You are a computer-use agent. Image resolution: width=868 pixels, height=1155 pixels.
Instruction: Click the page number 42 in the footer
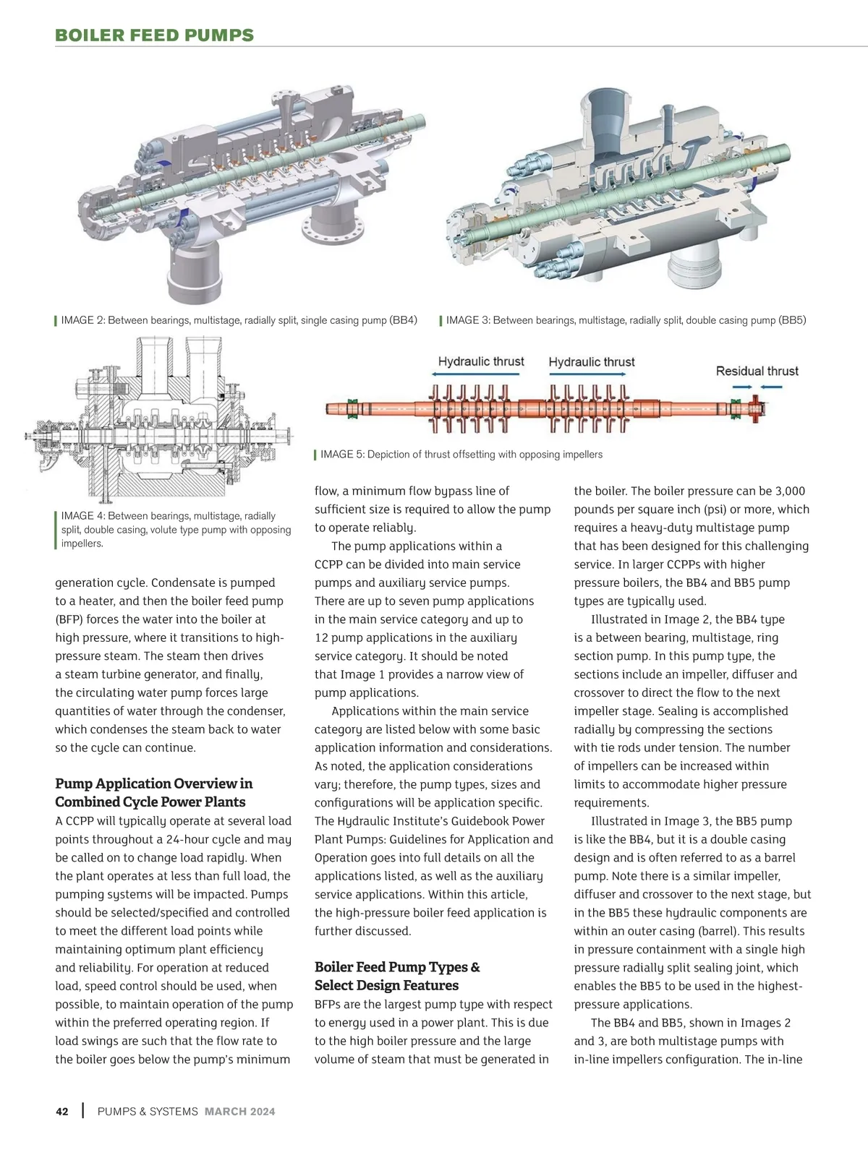pos(62,1112)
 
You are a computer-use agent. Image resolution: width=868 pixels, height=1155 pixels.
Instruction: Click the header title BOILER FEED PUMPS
pos(155,35)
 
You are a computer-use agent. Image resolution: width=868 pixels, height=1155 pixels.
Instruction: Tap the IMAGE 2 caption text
pos(239,320)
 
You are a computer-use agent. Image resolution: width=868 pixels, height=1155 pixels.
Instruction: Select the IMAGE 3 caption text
pos(626,320)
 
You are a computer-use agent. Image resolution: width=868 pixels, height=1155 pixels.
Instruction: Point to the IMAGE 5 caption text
pos(461,455)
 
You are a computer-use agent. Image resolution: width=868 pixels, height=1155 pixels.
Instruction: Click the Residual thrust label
pos(757,371)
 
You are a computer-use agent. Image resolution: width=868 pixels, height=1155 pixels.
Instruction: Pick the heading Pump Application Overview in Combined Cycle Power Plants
pos(154,792)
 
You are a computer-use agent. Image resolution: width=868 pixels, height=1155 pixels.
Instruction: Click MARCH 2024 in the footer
pos(240,1112)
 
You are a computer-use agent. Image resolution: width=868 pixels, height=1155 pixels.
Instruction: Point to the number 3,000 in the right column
pos(785,491)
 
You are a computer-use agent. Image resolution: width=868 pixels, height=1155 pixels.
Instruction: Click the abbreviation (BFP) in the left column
pos(70,619)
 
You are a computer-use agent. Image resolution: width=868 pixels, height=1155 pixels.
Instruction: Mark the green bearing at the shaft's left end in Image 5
pos(353,408)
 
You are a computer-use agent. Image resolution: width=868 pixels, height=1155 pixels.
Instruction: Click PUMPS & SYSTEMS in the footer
pos(148,1112)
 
